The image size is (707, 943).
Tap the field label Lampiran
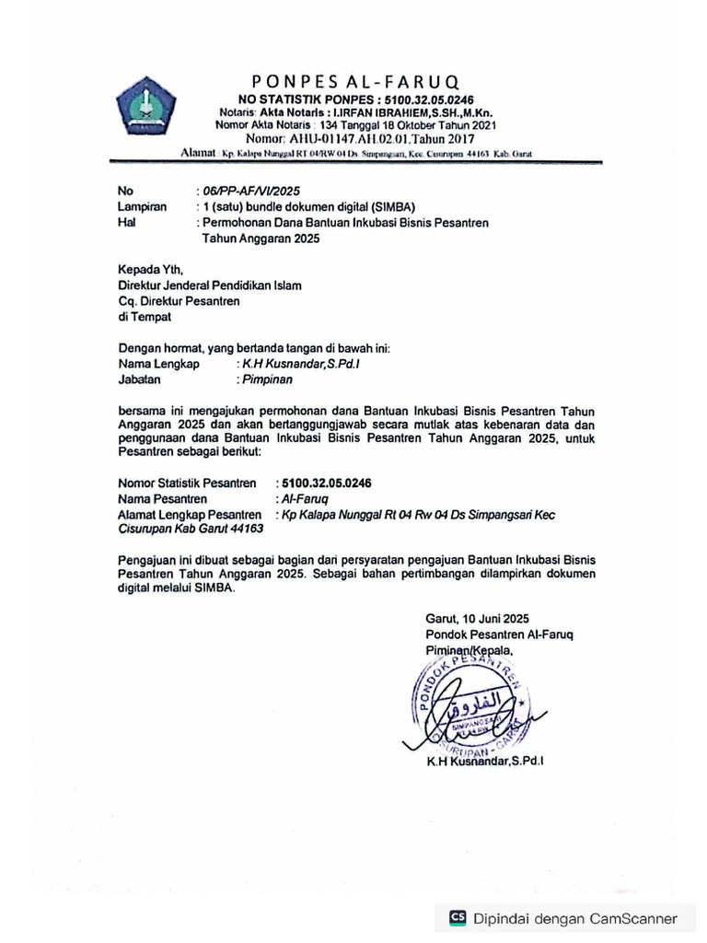(x=142, y=207)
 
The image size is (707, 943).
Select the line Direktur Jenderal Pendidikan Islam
(x=210, y=285)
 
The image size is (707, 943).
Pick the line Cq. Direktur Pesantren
(x=179, y=301)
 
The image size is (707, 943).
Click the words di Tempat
(x=145, y=317)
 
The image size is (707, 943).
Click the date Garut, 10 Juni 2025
(x=477, y=619)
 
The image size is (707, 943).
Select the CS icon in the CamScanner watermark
(x=458, y=917)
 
